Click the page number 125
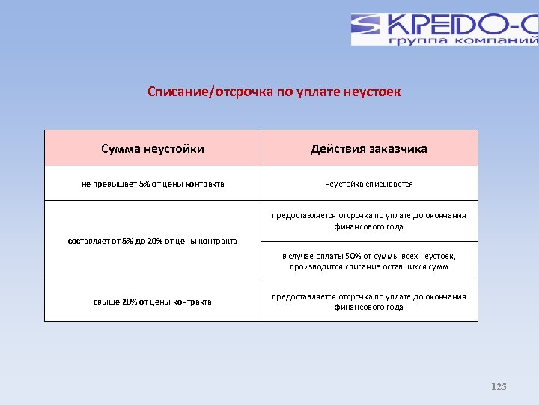(499, 387)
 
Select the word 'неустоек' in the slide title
(372, 91)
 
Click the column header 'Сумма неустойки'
(153, 148)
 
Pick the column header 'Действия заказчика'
(369, 148)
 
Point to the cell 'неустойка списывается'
(369, 184)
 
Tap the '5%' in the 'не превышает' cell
(144, 184)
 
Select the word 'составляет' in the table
(89, 241)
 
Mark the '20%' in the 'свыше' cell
(129, 301)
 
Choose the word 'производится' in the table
(317, 266)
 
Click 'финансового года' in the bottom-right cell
(369, 307)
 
